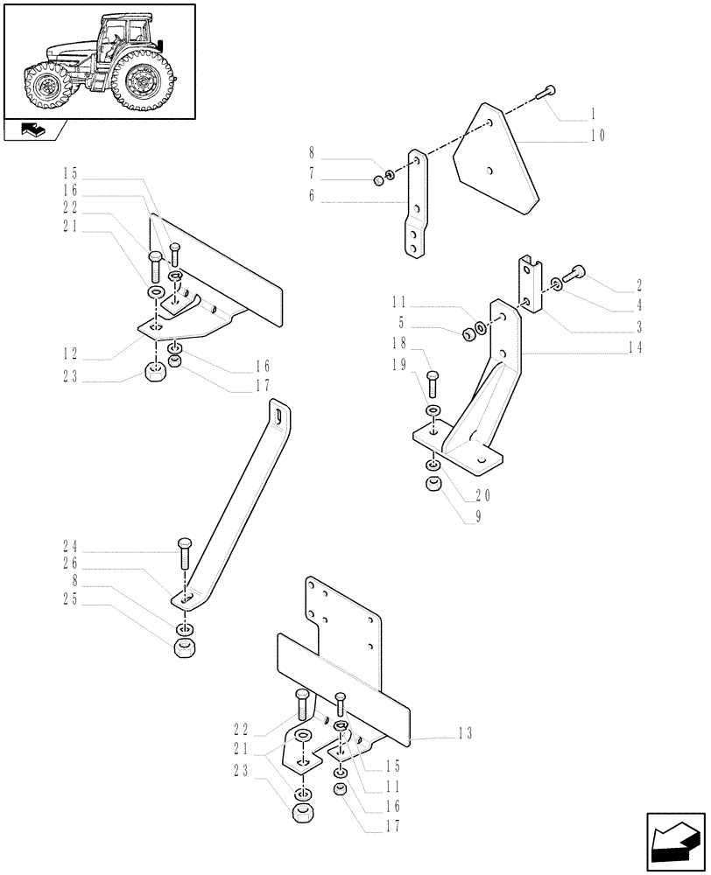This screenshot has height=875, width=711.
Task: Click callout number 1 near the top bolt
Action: [593, 114]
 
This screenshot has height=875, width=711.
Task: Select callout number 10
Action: [597, 136]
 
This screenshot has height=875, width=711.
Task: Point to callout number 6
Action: [311, 197]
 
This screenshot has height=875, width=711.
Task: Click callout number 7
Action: [311, 178]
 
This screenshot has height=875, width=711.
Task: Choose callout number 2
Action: [639, 285]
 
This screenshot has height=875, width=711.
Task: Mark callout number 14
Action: [635, 347]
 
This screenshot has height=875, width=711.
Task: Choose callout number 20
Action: [481, 494]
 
